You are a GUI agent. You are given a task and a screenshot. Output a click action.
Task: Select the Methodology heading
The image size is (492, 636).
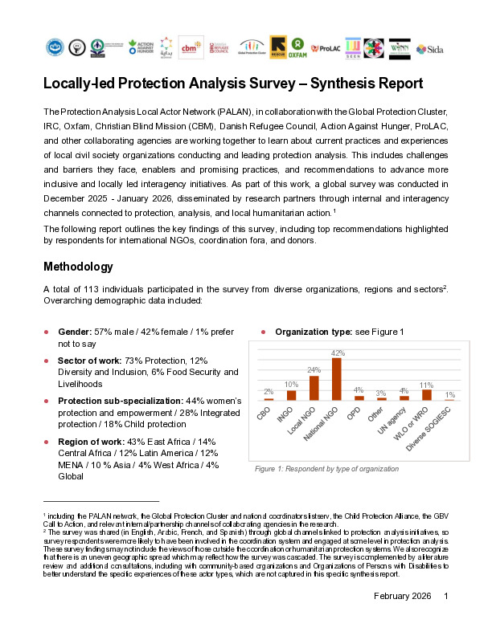79,267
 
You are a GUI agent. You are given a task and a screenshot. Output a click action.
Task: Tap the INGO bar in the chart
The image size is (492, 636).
292,395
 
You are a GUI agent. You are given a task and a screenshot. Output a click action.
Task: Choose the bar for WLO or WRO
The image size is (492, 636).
427,394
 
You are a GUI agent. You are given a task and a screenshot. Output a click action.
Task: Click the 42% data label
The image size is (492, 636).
338,353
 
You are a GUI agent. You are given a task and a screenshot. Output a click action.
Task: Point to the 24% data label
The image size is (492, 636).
315,371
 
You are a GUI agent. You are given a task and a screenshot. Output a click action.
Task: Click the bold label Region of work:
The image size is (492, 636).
91,442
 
